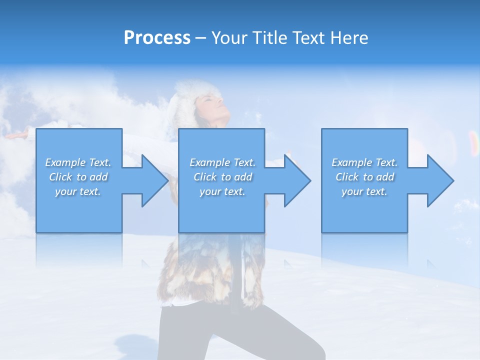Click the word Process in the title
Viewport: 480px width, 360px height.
[x=157, y=38]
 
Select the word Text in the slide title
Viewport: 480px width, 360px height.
[x=308, y=38]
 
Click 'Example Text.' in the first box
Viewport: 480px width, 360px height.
[x=78, y=162]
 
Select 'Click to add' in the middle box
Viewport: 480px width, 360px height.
[x=222, y=177]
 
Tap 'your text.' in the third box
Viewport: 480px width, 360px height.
[x=364, y=191]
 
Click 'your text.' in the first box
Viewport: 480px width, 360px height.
[x=78, y=191]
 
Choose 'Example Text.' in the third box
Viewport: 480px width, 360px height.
[x=364, y=162]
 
